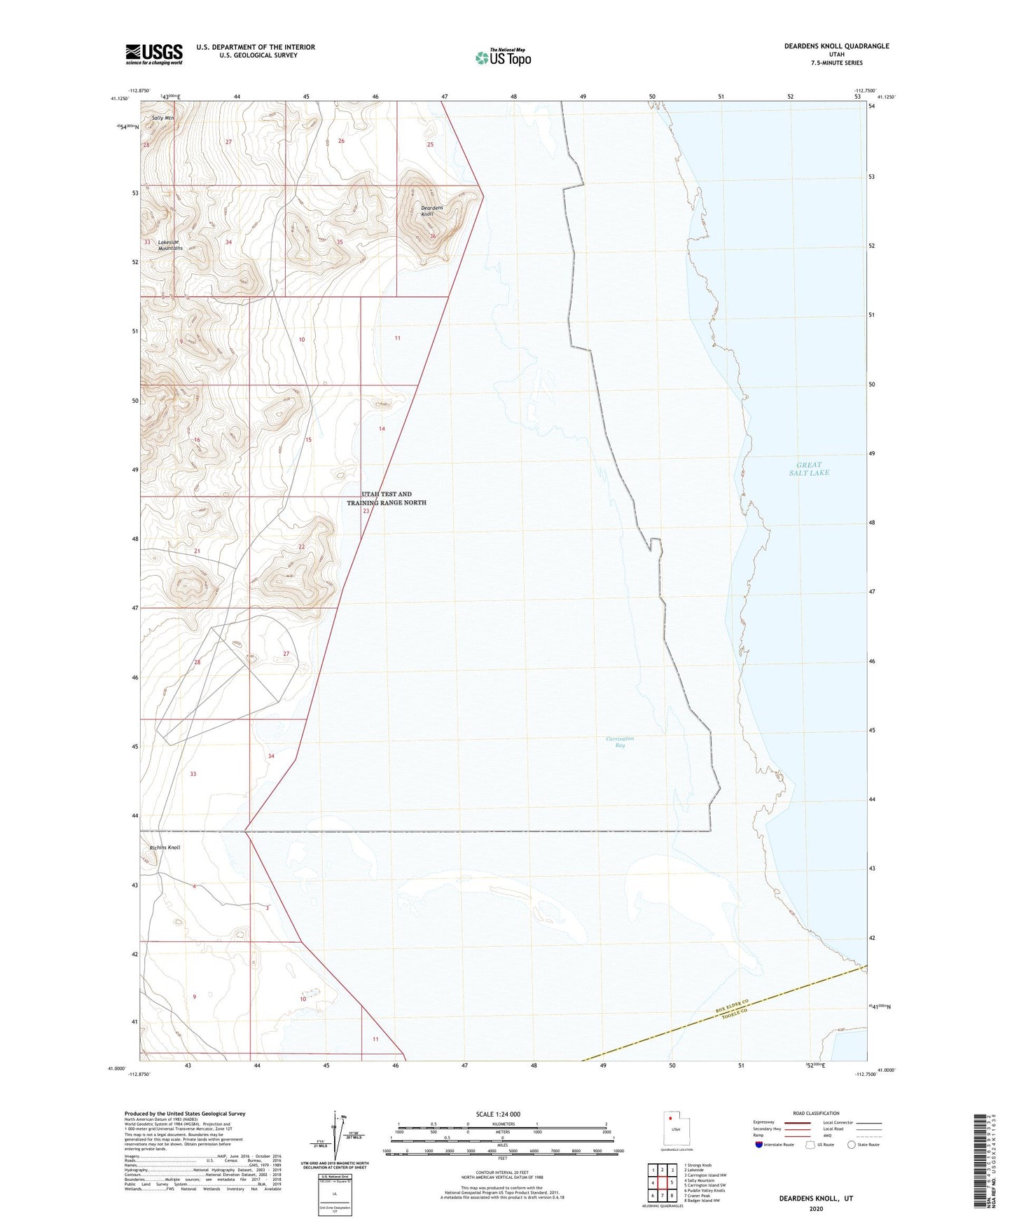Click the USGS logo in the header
click(154, 54)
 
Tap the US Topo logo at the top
click(503, 57)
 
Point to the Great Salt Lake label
click(809, 469)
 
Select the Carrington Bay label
click(620, 742)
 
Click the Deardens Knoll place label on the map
click(431, 211)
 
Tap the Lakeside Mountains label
click(169, 245)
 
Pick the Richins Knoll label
click(165, 848)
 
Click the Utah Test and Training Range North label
click(387, 498)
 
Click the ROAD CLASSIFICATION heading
click(816, 1113)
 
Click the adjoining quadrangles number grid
click(662, 1183)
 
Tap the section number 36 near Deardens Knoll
click(433, 236)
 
